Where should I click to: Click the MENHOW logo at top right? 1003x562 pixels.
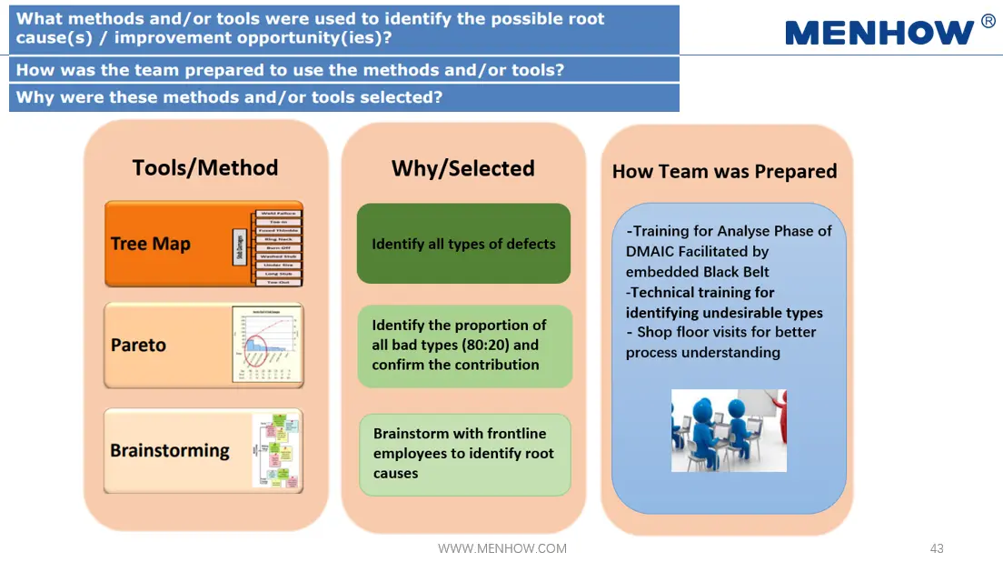pyautogui.click(x=879, y=33)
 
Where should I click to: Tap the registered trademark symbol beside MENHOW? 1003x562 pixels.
pyautogui.click(x=988, y=22)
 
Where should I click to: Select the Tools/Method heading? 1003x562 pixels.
pyautogui.click(x=205, y=167)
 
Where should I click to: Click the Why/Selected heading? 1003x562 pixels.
pyautogui.click(x=462, y=168)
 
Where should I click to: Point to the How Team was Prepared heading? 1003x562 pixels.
pyautogui.click(x=724, y=171)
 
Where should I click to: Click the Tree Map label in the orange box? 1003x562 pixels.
pyautogui.click(x=151, y=244)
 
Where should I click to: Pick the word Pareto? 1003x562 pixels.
pyautogui.click(x=138, y=346)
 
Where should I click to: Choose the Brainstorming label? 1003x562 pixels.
pyautogui.click(x=170, y=450)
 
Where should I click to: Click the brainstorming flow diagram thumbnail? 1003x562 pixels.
pyautogui.click(x=276, y=451)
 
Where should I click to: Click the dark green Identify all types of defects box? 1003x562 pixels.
pyautogui.click(x=463, y=244)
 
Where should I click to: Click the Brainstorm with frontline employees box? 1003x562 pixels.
pyautogui.click(x=464, y=454)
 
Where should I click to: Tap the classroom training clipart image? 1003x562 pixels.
pyautogui.click(x=729, y=430)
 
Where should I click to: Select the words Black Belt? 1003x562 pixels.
pyautogui.click(x=736, y=272)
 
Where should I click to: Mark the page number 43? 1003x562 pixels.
pyautogui.click(x=937, y=548)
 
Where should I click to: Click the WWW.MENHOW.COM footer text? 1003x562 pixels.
pyautogui.click(x=502, y=548)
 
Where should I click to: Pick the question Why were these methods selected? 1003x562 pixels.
pyautogui.click(x=230, y=97)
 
